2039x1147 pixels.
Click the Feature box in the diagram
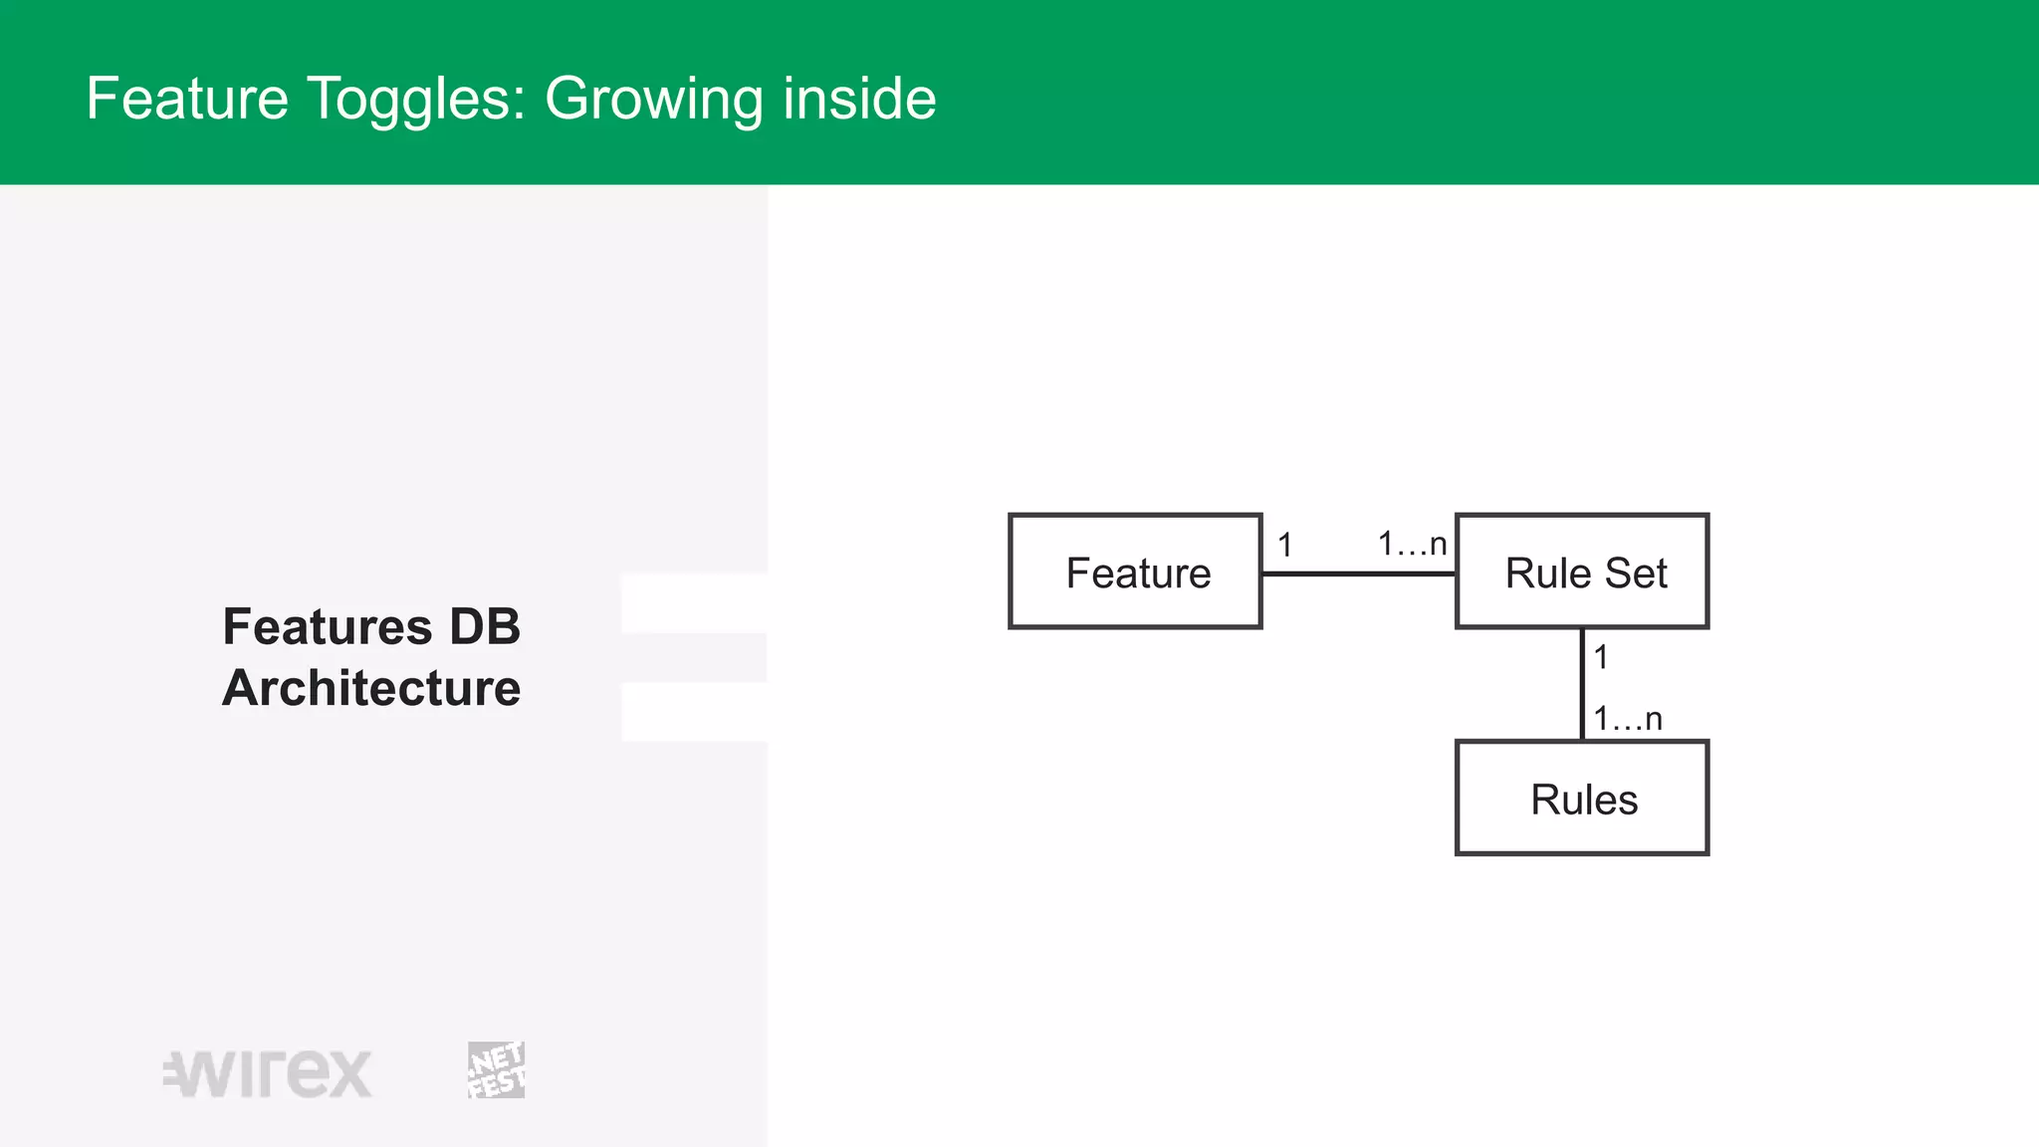coord(1135,572)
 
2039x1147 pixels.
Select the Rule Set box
coord(1581,572)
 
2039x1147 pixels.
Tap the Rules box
coord(1581,799)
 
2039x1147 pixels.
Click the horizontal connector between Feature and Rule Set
coord(1358,573)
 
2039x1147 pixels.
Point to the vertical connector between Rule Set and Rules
coord(1582,684)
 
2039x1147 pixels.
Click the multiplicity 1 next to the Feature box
coord(1285,545)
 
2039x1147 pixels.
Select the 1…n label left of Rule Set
coord(1412,544)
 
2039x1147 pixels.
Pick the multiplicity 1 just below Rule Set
coord(1601,657)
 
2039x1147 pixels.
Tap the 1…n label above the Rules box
coord(1628,718)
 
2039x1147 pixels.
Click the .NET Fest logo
coord(496,1070)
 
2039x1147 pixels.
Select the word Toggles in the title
coord(415,100)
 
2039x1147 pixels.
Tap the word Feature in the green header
coord(187,100)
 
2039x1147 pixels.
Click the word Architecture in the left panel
coord(371,688)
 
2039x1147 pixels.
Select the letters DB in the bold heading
coord(485,627)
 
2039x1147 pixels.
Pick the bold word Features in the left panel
coord(328,627)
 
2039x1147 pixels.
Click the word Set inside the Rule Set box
coord(1635,573)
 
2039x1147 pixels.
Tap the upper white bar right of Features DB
coord(694,603)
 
